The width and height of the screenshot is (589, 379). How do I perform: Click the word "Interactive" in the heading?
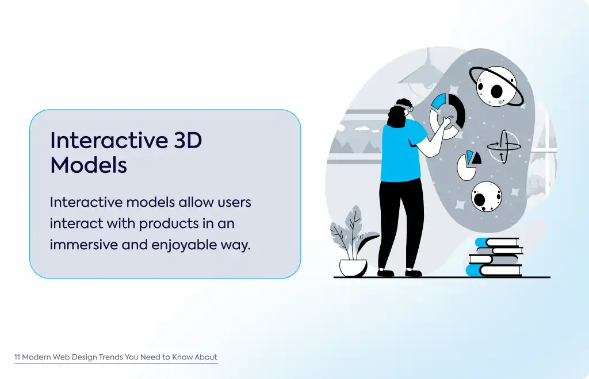pyautogui.click(x=109, y=140)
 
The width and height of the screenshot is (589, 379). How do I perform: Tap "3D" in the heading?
pyautogui.click(x=188, y=140)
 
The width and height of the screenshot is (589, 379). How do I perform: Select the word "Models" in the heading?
pyautogui.click(x=89, y=165)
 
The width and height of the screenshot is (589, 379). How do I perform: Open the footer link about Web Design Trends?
pyautogui.click(x=116, y=357)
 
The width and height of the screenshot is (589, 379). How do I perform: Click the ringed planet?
pyautogui.click(x=496, y=87)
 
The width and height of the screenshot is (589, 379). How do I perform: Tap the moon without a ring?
pyautogui.click(x=487, y=196)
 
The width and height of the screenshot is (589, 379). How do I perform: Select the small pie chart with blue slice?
pyautogui.click(x=468, y=165)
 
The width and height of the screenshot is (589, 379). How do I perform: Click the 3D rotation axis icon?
pyautogui.click(x=503, y=146)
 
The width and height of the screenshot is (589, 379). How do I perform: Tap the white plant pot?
pyautogui.click(x=353, y=268)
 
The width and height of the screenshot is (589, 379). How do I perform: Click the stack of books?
pyautogui.click(x=494, y=257)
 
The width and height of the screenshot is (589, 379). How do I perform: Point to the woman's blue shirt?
pyautogui.click(x=401, y=151)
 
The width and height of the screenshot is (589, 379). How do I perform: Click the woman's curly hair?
pyautogui.click(x=397, y=113)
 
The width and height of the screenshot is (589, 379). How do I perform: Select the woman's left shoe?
pyautogui.click(x=385, y=273)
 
